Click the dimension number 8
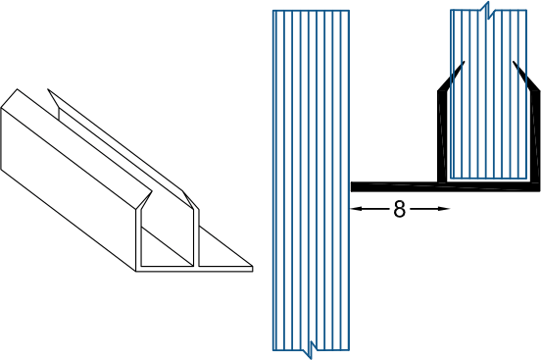click(x=399, y=209)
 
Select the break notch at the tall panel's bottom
click(x=311, y=344)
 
